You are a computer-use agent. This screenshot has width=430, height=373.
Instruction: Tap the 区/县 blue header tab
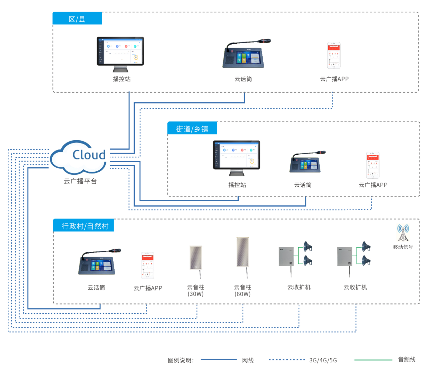click(77, 19)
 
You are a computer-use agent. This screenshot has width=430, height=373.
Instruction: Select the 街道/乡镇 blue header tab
click(192, 129)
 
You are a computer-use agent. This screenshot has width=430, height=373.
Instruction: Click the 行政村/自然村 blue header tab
click(84, 226)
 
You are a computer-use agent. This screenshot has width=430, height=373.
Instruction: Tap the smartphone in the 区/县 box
click(334, 55)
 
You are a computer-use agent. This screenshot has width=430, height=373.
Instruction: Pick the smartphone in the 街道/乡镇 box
click(373, 165)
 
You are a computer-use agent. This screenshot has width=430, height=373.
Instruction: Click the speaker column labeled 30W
click(196, 258)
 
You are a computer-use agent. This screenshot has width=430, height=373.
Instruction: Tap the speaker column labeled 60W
click(243, 253)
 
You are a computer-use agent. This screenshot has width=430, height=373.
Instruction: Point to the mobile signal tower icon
click(403, 233)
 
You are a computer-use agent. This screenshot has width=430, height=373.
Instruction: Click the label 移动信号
click(403, 247)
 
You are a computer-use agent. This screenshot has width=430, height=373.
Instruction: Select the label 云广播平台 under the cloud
click(80, 181)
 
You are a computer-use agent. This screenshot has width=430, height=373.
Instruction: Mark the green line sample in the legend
click(373, 360)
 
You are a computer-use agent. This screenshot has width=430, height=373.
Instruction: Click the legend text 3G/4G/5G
click(323, 360)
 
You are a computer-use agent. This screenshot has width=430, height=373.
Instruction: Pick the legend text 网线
click(248, 360)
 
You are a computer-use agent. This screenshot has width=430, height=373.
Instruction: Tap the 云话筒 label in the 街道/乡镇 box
click(303, 185)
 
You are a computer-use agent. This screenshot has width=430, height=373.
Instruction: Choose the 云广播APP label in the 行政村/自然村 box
click(148, 288)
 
